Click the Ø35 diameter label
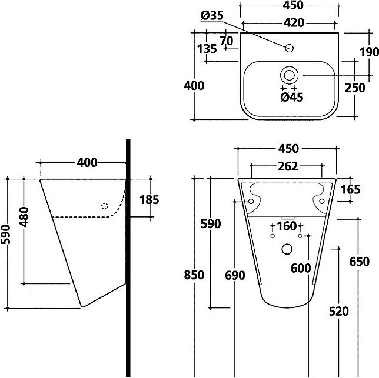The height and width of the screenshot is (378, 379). (x=212, y=16)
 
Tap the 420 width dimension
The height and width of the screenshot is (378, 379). (x=294, y=23)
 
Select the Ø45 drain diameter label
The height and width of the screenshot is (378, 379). (x=292, y=97)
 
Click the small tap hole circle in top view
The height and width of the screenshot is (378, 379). (x=290, y=48)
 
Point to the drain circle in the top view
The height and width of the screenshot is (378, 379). (x=289, y=75)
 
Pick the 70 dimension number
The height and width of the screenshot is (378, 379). (x=227, y=41)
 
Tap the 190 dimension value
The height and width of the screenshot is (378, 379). (x=369, y=52)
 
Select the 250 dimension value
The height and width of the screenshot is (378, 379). (x=355, y=88)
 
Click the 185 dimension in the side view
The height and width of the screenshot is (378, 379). (x=149, y=200)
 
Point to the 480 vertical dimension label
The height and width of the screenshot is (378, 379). (x=24, y=217)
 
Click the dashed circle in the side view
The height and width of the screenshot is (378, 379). (x=104, y=206)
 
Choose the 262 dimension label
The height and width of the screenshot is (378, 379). (x=288, y=166)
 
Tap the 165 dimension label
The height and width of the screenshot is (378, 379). (x=351, y=189)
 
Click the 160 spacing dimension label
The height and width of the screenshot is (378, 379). (x=287, y=226)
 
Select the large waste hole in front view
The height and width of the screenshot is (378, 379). (x=287, y=249)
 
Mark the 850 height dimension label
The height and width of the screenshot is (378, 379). (x=194, y=275)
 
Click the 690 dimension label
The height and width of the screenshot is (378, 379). (x=235, y=275)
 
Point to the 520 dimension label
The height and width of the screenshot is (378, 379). (x=339, y=312)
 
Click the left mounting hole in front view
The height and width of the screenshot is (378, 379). (x=251, y=201)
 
